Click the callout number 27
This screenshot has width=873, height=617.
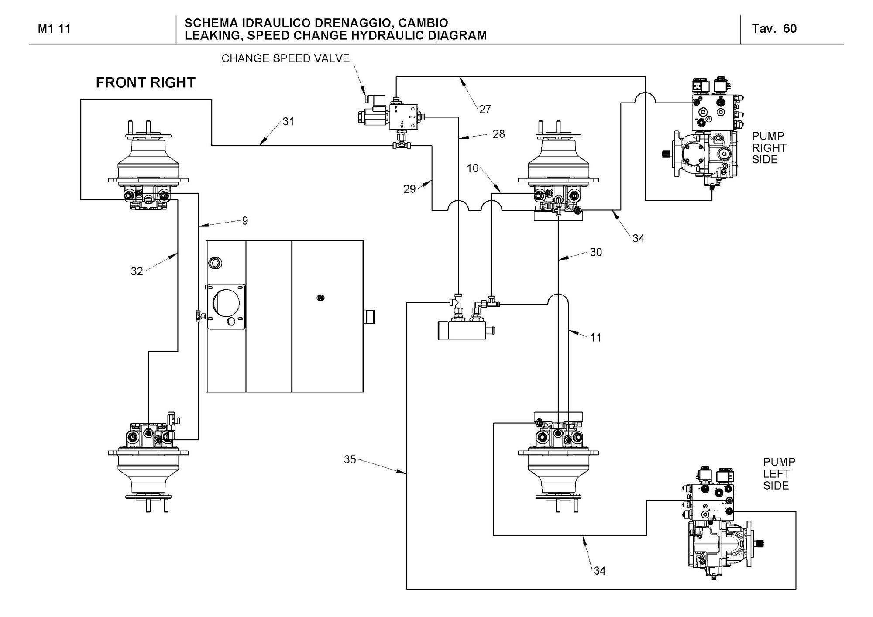click(485, 109)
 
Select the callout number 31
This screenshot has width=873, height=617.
click(288, 121)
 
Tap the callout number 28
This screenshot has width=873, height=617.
click(498, 134)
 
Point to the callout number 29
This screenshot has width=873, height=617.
click(409, 189)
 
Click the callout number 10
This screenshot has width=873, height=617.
click(473, 168)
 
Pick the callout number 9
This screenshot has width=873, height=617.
click(245, 221)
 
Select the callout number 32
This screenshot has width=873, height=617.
click(137, 271)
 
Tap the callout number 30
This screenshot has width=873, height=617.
click(596, 252)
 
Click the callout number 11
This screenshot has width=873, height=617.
click(596, 337)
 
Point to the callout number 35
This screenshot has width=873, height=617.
click(350, 459)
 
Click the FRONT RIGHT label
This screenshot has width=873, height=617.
click(145, 82)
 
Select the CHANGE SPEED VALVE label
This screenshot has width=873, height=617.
click(285, 58)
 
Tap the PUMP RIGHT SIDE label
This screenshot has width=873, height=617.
click(769, 148)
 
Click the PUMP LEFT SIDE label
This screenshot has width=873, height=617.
click(779, 473)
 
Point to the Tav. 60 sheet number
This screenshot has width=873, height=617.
click(774, 29)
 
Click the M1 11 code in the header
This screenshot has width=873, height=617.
click(54, 29)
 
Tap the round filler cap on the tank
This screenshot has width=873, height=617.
click(215, 263)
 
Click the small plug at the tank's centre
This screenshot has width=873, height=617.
click(320, 298)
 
